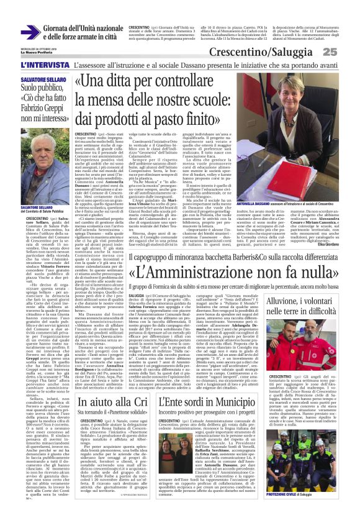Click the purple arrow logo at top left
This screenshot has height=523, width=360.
point(30,32)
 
